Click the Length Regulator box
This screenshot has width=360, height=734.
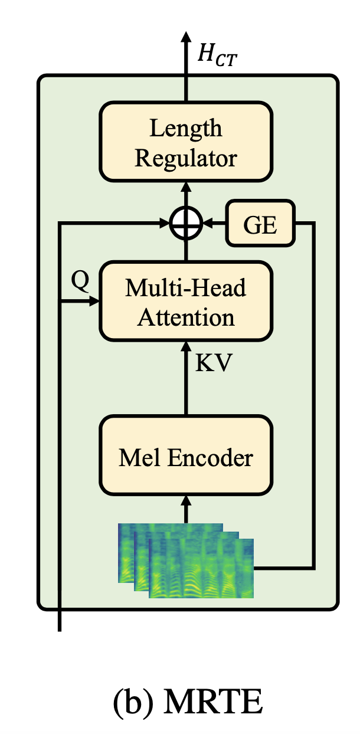(x=186, y=141)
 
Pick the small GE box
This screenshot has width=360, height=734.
(x=260, y=223)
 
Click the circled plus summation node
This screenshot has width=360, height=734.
(x=186, y=223)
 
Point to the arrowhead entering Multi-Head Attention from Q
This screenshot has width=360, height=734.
(x=95, y=302)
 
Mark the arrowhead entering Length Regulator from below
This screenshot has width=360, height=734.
(x=186, y=186)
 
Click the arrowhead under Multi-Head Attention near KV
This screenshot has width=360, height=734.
(x=186, y=347)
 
